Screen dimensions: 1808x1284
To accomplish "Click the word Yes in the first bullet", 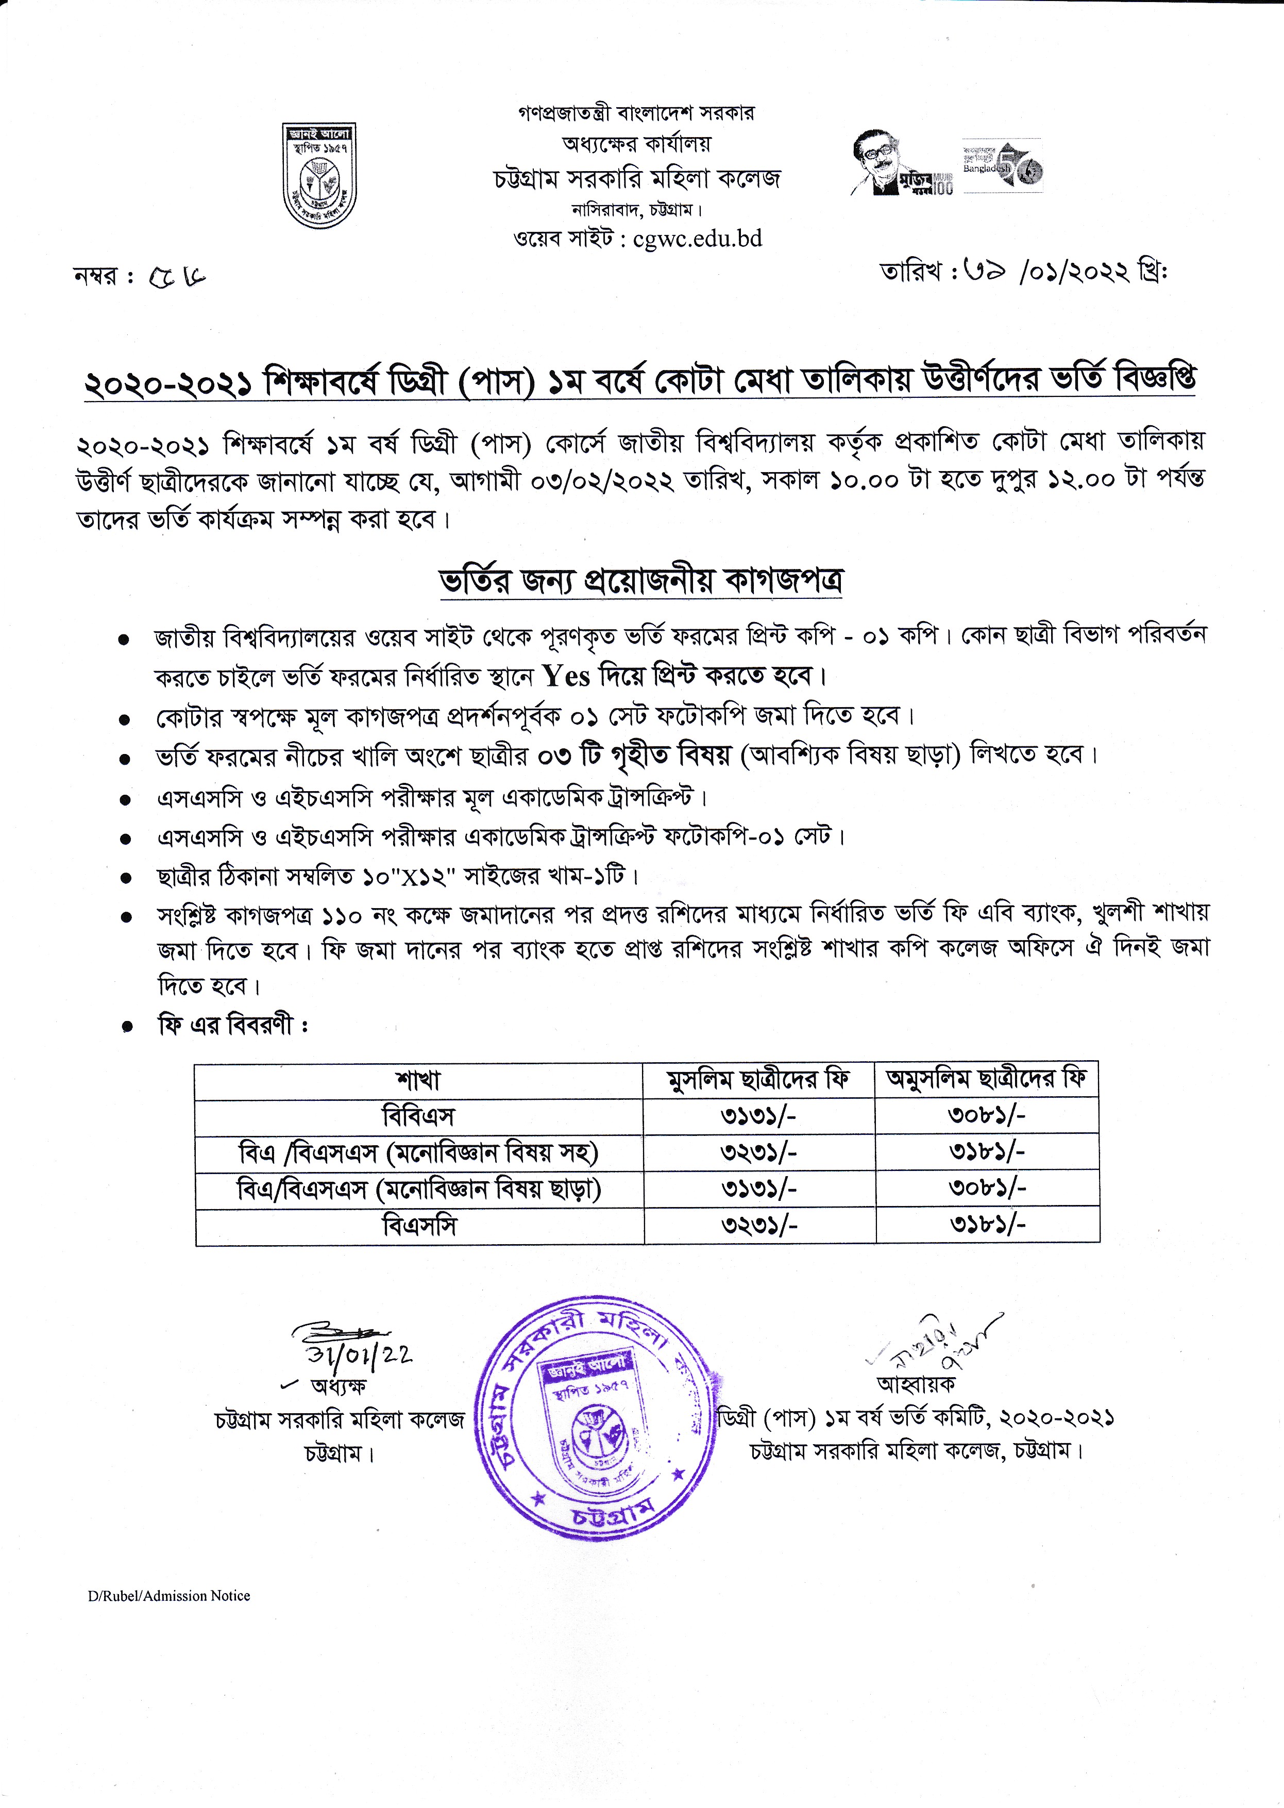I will point(566,676).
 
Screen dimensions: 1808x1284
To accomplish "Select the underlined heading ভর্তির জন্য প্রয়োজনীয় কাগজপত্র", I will point(640,581).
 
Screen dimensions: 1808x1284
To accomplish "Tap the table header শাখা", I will point(418,1080).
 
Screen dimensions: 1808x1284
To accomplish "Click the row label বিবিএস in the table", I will point(418,1117).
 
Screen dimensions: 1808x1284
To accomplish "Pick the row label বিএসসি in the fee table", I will point(419,1226).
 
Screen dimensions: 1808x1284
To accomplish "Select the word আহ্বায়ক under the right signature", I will point(916,1384).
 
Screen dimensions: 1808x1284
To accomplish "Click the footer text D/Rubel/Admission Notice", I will point(169,1595).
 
